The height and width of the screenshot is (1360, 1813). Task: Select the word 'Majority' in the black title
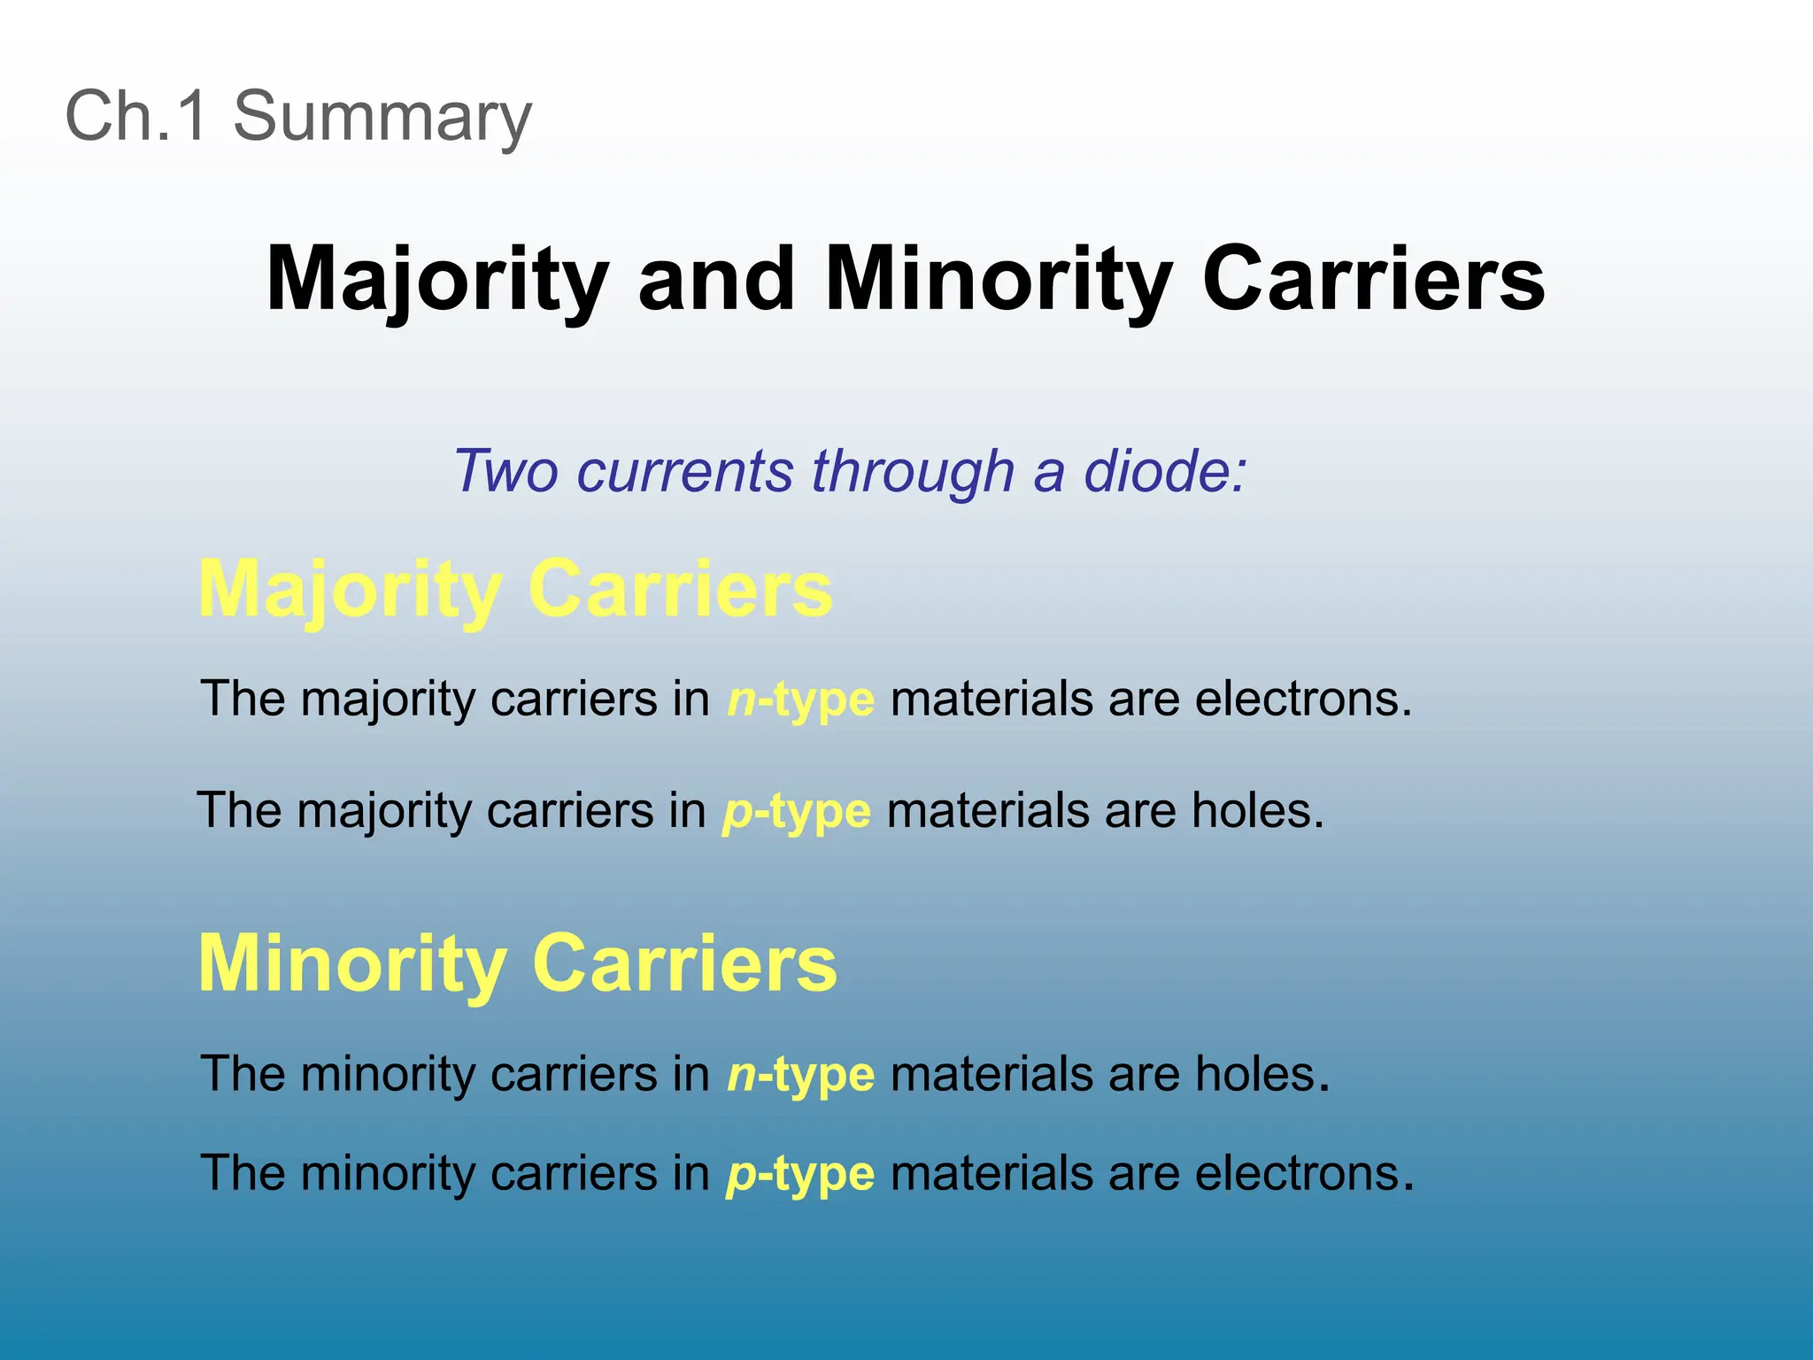pos(437,280)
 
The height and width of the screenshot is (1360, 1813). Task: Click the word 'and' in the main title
pos(716,280)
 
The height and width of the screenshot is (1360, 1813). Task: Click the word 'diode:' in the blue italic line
pos(1165,471)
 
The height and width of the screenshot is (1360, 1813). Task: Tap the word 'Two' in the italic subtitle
pos(505,471)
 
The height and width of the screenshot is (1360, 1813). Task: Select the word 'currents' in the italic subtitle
pos(684,471)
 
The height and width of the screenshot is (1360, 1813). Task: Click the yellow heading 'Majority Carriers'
pos(515,590)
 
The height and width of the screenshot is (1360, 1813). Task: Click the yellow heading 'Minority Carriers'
pos(517,964)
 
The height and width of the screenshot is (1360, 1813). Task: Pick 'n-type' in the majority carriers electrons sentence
pos(800,699)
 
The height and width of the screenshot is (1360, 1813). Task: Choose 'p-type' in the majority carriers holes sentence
pos(797,811)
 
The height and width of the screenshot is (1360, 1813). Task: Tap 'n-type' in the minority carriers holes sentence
pos(800,1075)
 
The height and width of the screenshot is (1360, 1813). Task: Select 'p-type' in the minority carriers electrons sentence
pos(800,1174)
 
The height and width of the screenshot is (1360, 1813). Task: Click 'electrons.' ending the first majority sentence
pos(1303,699)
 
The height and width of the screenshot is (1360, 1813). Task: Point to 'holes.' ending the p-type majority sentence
pos(1257,811)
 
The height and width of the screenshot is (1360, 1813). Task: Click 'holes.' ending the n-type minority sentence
pos(1261,1075)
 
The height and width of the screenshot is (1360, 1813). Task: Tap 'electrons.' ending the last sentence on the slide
pos(1304,1174)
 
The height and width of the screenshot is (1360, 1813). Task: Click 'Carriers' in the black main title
pos(1373,280)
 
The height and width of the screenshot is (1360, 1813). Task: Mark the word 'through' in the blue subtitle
pos(913,471)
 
